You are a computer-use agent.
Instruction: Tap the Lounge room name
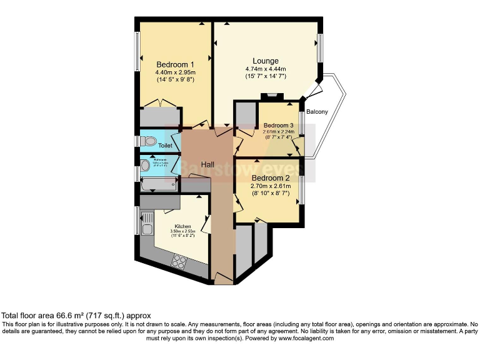pyautogui.click(x=266, y=61)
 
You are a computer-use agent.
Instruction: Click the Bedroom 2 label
pyautogui.click(x=271, y=177)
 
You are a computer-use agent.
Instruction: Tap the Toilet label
pyautogui.click(x=165, y=146)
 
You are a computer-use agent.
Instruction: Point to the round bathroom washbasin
pyautogui.click(x=144, y=167)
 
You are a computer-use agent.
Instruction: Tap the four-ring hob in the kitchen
pyautogui.click(x=179, y=261)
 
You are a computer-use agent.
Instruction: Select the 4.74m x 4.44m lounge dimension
pyautogui.click(x=266, y=69)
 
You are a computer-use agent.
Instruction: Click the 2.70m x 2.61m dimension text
pyautogui.click(x=271, y=186)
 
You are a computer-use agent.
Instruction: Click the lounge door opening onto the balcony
pyautogui.click(x=311, y=92)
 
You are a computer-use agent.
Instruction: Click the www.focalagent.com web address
pyautogui.click(x=298, y=338)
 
